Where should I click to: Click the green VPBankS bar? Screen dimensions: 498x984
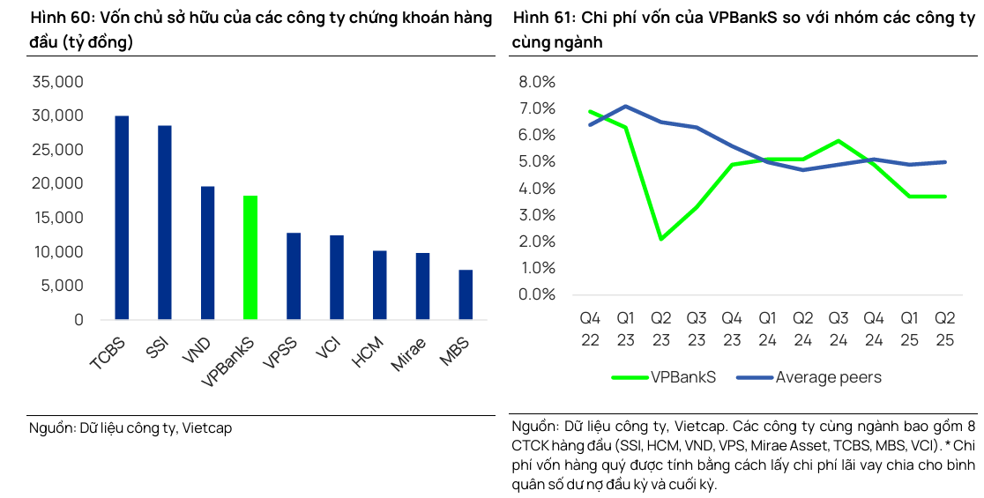[x=250, y=257]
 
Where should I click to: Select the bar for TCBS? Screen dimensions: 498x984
[x=122, y=218]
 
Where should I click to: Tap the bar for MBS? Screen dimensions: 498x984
[x=466, y=294]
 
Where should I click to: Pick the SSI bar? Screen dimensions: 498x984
[x=165, y=222]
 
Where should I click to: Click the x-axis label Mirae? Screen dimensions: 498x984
[x=409, y=353]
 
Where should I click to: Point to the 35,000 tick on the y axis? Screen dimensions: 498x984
[x=57, y=82]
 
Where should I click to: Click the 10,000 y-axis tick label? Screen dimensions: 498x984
[x=57, y=252]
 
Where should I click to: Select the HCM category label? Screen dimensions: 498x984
[x=368, y=352]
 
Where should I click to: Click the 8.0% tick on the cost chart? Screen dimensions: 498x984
[x=537, y=82]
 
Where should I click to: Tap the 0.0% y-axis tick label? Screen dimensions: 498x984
[x=537, y=294]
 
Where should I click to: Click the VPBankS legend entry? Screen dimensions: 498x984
[x=664, y=377]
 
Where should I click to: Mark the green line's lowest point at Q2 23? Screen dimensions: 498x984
[x=660, y=239]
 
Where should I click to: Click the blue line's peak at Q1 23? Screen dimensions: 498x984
[x=625, y=106]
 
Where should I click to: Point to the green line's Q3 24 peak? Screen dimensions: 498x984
[x=839, y=140]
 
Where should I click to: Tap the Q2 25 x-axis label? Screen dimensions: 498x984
[x=945, y=328]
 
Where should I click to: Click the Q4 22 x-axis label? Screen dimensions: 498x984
[x=590, y=328]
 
